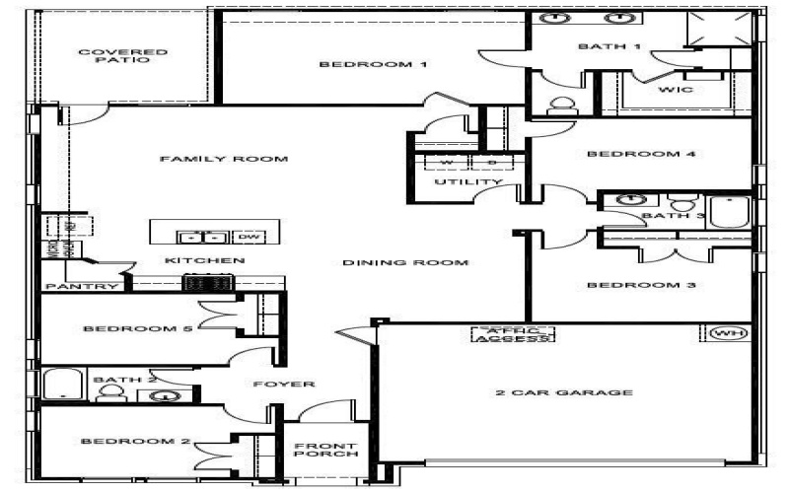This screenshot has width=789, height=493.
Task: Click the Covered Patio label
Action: point(122,55)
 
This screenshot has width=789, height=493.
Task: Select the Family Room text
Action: point(224,159)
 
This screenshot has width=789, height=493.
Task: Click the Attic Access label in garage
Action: point(513,335)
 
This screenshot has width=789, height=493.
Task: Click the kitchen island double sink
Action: point(202,237)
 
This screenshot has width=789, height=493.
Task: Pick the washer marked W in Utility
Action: point(445,163)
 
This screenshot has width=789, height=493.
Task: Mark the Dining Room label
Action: point(404,263)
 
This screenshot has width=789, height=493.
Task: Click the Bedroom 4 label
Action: point(627,154)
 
